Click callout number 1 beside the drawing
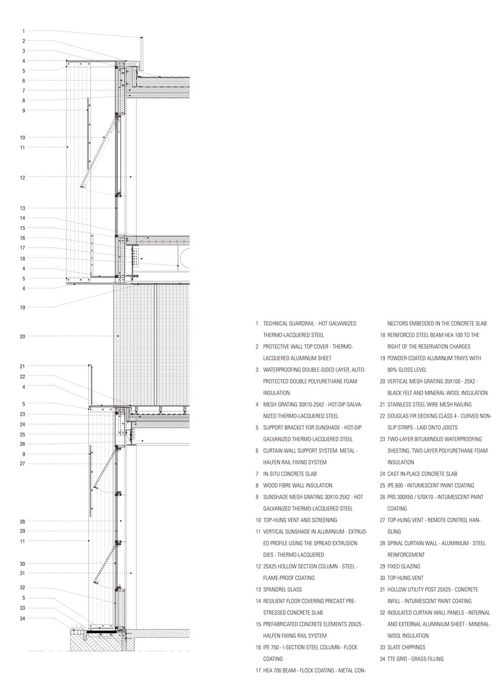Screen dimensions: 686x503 [23, 31]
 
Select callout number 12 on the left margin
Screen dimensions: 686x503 [22, 178]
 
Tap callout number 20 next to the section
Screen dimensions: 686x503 [22, 336]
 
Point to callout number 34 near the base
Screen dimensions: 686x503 [22, 618]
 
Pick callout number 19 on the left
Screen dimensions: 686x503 [22, 307]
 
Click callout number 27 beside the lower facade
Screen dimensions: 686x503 [22, 464]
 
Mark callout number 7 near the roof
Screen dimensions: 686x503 [23, 91]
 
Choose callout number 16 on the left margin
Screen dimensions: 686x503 [22, 238]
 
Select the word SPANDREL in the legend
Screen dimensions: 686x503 [275, 589]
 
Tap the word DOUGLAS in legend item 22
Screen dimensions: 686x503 [399, 416]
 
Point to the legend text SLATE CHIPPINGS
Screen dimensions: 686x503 [406, 647]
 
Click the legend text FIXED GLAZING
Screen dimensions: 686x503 [403, 566]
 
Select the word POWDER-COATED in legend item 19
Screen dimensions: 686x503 [407, 358]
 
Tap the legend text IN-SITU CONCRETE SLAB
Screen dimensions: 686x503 [290, 474]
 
